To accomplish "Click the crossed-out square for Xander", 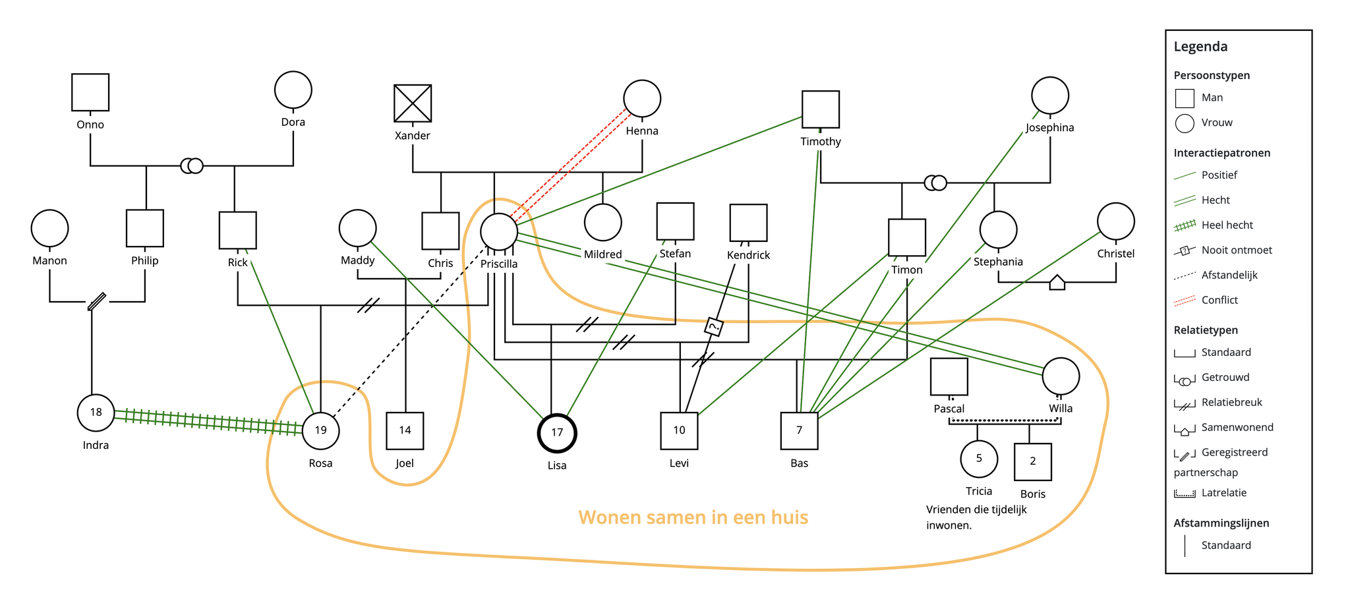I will click(413, 103).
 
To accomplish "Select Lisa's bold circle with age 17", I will click(557, 433).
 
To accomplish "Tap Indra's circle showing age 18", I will click(96, 413).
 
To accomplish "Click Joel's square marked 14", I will click(405, 430).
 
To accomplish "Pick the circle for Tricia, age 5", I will click(979, 459).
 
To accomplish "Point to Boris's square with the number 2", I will click(1032, 461).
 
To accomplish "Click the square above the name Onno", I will click(90, 92).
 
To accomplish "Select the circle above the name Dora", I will click(293, 90).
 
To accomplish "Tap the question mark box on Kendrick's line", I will click(713, 326).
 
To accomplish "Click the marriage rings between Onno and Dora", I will click(192, 165).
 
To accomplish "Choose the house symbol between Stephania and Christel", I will click(1057, 283).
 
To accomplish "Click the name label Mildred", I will click(602, 254).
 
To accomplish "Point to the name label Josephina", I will click(1049, 128).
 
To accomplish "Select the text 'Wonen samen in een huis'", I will click(693, 517).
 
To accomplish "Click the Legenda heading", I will click(1200, 47).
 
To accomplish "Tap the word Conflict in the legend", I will click(1219, 300).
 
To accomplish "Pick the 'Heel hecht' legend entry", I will click(1227, 225).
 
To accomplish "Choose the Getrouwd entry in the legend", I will click(1225, 377).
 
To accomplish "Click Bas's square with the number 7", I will click(799, 430).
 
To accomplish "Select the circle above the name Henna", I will click(642, 99).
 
